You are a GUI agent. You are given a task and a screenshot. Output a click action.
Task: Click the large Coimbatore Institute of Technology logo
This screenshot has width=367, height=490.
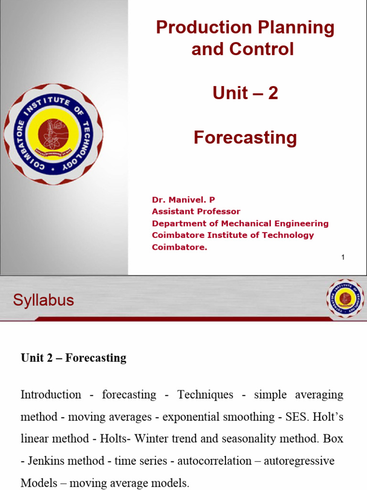[x=54, y=134]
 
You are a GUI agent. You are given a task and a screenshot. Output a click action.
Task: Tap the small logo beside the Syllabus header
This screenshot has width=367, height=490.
[x=345, y=299]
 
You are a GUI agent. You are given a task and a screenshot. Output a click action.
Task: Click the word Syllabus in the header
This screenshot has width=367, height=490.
[x=43, y=301]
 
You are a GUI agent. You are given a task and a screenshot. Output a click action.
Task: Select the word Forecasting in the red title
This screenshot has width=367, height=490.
[x=245, y=138]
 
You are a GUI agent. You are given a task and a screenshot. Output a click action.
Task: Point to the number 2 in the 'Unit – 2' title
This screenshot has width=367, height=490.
[x=273, y=93]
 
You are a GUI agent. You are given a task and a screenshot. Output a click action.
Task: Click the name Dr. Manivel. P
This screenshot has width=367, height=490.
[x=180, y=200]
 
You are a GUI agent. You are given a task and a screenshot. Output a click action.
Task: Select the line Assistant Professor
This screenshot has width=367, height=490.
[x=196, y=212]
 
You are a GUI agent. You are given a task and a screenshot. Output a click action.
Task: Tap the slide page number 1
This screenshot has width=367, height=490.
[x=343, y=257]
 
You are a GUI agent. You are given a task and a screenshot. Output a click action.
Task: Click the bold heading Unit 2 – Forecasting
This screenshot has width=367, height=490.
[x=74, y=358]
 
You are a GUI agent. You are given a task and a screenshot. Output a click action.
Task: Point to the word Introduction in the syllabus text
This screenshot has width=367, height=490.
[x=51, y=395]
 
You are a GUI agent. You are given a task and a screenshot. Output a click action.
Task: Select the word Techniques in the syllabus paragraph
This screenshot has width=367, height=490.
[x=205, y=395]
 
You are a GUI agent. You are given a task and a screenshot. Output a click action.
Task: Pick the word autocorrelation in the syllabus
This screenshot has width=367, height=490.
[x=207, y=461]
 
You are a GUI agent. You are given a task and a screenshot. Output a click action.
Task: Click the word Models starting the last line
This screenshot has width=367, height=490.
[x=39, y=483]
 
